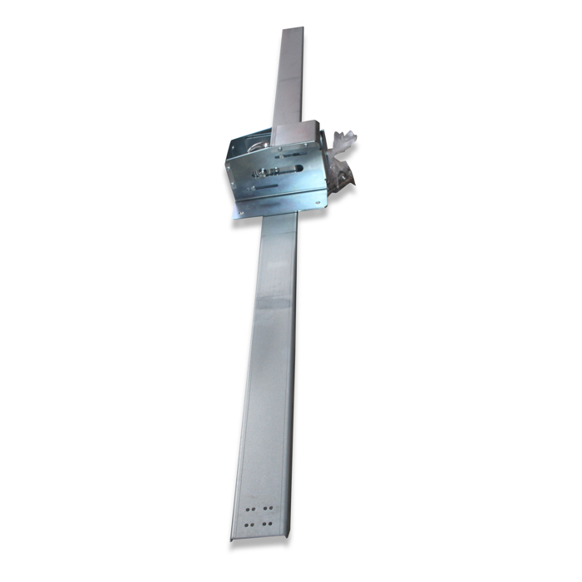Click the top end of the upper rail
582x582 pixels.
tap(293, 32)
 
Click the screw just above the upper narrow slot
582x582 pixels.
tap(280, 149)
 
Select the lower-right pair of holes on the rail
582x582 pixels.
tap(267, 523)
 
